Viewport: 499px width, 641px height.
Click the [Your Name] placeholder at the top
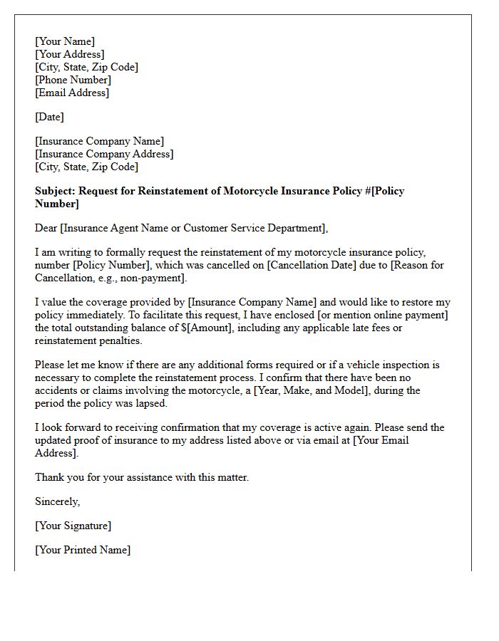[65, 41]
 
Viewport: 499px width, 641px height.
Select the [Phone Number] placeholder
[73, 80]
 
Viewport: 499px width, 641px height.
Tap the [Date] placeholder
[49, 117]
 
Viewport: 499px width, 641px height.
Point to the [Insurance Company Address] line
[104, 154]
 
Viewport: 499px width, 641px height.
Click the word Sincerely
[57, 501]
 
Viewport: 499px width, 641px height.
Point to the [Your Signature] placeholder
[73, 526]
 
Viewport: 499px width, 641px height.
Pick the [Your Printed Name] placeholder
[83, 550]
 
